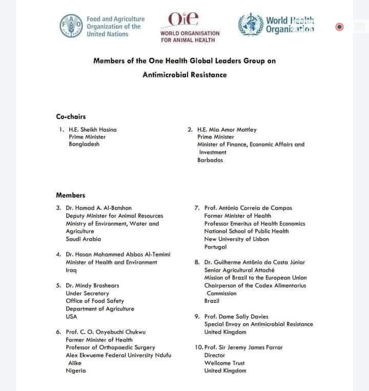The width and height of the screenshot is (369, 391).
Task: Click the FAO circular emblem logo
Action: pyautogui.click(x=71, y=26)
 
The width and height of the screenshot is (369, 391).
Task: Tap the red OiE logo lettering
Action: pyautogui.click(x=183, y=19)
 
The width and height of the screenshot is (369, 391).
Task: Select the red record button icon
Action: pyautogui.click(x=339, y=27)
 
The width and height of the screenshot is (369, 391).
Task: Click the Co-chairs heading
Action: pyautogui.click(x=71, y=117)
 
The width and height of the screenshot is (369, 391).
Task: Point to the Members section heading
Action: pyautogui.click(x=71, y=195)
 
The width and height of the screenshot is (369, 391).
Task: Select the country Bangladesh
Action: pyautogui.click(x=84, y=145)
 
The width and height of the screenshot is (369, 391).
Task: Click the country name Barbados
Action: pyautogui.click(x=210, y=160)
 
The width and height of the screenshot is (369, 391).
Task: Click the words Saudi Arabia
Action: pyautogui.click(x=84, y=239)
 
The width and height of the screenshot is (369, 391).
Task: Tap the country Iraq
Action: pyautogui.click(x=71, y=270)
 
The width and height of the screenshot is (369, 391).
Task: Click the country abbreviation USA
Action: pyautogui.click(x=71, y=317)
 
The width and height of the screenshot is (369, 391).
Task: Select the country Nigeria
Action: pyautogui.click(x=76, y=371)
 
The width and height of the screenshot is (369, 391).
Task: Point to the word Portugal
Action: pyautogui.click(x=215, y=247)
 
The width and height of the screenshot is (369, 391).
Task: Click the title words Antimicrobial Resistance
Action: pyautogui.click(x=184, y=75)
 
